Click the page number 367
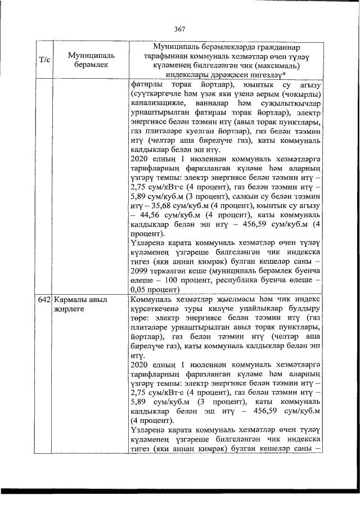180,29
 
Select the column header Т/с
44,58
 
